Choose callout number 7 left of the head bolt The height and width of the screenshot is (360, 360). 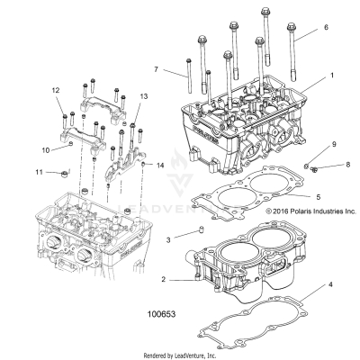[157, 68]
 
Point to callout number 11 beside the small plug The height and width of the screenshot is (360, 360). [39, 171]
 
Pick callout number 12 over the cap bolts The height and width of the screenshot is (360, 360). [55, 90]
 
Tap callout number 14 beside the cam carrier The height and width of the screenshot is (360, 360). [160, 166]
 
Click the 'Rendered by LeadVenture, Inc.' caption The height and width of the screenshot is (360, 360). [180, 355]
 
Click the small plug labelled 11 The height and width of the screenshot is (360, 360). [64, 172]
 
